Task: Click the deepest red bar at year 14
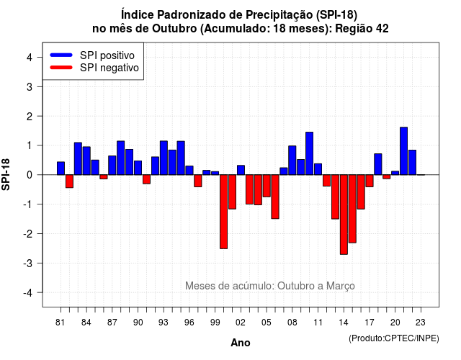click(344, 215)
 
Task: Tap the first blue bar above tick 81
click(61, 168)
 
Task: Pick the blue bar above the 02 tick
click(241, 170)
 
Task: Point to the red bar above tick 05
click(267, 186)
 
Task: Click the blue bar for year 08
click(292, 161)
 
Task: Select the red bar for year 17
click(370, 181)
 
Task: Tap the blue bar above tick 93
click(164, 158)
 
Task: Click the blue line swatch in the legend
click(61, 55)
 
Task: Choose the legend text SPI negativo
click(109, 68)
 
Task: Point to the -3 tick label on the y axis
click(29, 263)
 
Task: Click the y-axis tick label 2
click(30, 117)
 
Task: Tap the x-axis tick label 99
click(215, 323)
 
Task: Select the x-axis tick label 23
click(421, 323)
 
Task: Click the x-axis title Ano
click(241, 343)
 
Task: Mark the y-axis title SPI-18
click(6, 174)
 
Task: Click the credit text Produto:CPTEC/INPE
click(394, 338)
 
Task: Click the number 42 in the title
click(382, 29)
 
